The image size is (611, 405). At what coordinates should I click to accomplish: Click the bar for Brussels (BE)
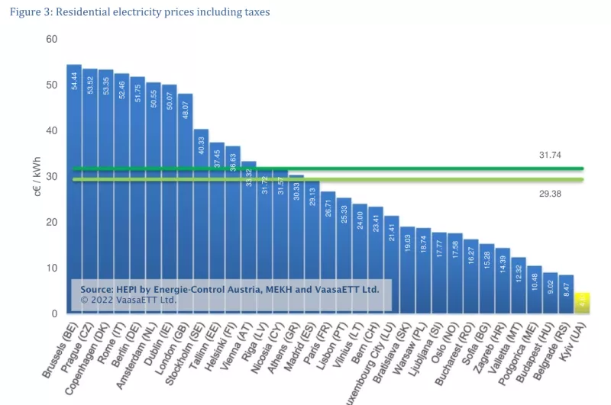coord(74,183)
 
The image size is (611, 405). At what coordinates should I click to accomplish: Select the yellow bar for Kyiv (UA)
coord(581,303)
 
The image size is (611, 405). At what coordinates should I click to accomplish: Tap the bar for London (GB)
coord(186,198)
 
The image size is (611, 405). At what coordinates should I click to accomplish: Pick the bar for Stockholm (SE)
coord(201,214)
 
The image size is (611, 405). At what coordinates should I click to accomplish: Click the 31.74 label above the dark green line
coord(550,155)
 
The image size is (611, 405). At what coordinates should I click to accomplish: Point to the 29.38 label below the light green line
coord(550,194)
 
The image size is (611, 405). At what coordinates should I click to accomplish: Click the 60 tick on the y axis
coord(52,39)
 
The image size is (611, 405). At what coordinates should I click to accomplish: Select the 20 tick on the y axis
coord(52,222)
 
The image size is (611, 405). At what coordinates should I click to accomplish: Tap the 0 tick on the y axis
coord(55,313)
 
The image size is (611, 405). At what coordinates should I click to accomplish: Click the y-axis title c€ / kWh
coord(37,178)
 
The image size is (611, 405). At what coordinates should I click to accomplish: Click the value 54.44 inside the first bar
coord(74,81)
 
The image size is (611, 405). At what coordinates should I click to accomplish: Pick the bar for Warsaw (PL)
coord(423,267)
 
